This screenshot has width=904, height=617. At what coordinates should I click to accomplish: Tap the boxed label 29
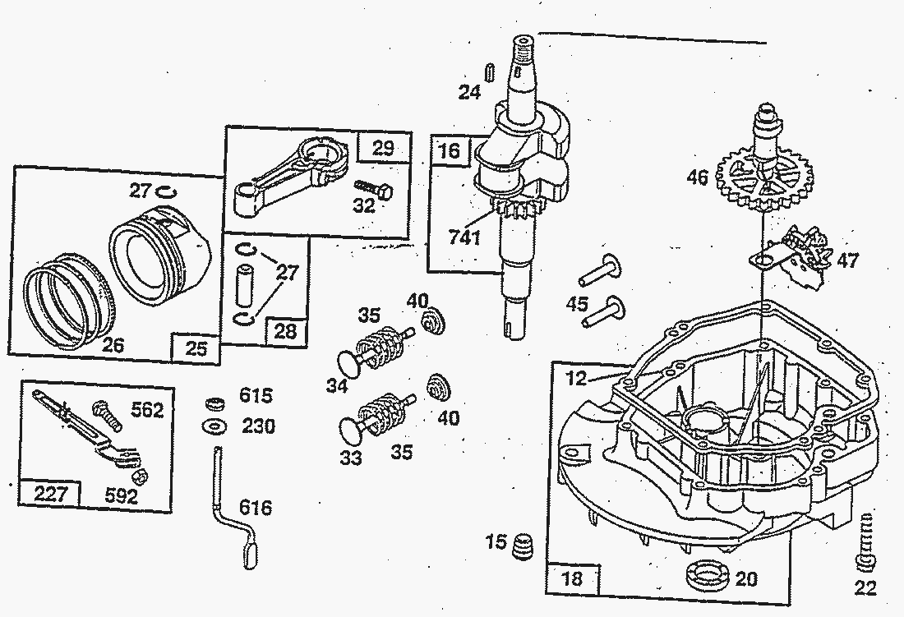tap(383, 149)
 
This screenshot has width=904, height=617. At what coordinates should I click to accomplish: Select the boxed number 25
tap(195, 349)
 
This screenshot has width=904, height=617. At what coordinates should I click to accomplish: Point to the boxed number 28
tap(285, 331)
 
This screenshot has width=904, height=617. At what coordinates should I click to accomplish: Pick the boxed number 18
tap(572, 578)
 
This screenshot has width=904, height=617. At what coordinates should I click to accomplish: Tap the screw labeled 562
tap(107, 413)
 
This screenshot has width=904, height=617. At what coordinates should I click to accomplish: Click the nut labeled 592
tap(140, 476)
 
